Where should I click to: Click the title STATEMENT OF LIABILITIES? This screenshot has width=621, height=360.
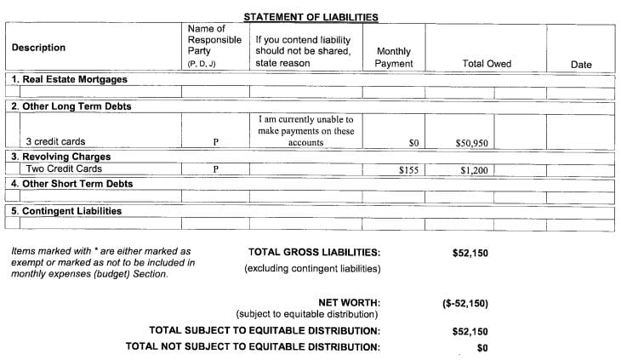tap(310, 17)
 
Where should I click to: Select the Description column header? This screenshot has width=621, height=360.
tap(38, 49)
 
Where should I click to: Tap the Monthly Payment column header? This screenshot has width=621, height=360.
tap(394, 58)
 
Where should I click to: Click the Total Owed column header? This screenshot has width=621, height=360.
tap(486, 64)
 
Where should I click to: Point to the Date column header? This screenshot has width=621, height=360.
tap(581, 65)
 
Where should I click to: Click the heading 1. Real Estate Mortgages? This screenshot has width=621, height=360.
tap(69, 79)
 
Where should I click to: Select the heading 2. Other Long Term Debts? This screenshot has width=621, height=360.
tap(71, 107)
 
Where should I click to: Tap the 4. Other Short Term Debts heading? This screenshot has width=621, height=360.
tap(72, 183)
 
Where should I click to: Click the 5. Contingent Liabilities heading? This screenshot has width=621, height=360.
tap(66, 210)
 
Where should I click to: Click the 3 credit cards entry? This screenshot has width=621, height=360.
tap(55, 142)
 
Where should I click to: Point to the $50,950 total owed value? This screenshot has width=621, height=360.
tap(471, 143)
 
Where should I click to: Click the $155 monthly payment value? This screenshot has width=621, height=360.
tap(409, 170)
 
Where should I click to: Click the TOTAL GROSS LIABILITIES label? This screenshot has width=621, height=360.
tap(313, 253)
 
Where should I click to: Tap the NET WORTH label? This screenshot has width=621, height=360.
tap(349, 302)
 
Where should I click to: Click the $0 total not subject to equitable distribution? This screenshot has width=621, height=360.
tap(482, 347)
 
